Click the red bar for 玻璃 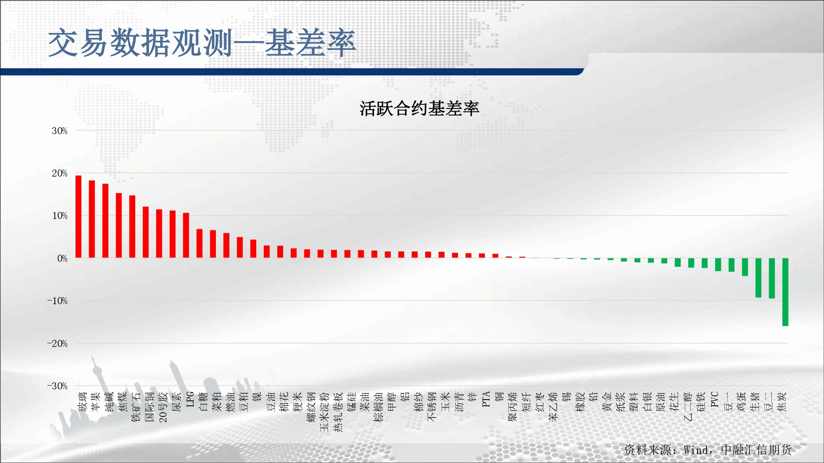click(78, 216)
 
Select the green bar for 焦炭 click(785, 292)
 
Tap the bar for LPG click(186, 235)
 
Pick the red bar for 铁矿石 click(132, 227)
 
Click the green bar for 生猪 click(758, 278)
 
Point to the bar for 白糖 click(199, 244)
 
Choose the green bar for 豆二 click(772, 278)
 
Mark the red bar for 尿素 click(173, 234)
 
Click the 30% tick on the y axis click(60, 131)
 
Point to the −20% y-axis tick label click(57, 344)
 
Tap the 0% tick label click(62, 258)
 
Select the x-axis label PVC click(715, 400)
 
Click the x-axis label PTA click(486, 399)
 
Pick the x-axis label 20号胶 click(163, 407)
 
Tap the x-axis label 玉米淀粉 click(325, 412)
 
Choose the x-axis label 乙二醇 click(688, 407)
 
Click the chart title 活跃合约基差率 click(419, 109)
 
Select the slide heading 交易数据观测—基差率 click(202, 43)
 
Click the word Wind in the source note click(696, 450)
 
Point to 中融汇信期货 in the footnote click(756, 450)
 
